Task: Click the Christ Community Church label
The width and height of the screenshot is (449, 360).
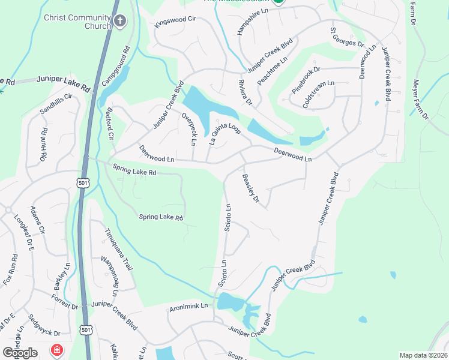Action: pos(77,22)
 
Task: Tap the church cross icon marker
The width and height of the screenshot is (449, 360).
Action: pos(120,22)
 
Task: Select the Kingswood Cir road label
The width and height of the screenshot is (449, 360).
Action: pos(175,22)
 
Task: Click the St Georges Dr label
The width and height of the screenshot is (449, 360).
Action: pos(347,37)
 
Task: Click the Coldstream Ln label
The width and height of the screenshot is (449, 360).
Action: pos(318,94)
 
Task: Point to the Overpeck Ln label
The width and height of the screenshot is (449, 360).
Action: pos(189,129)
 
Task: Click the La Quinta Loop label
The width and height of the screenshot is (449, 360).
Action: pos(224,132)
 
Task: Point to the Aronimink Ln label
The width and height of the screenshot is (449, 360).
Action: pos(188,305)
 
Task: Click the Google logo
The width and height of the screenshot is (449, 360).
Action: pos(20,353)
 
